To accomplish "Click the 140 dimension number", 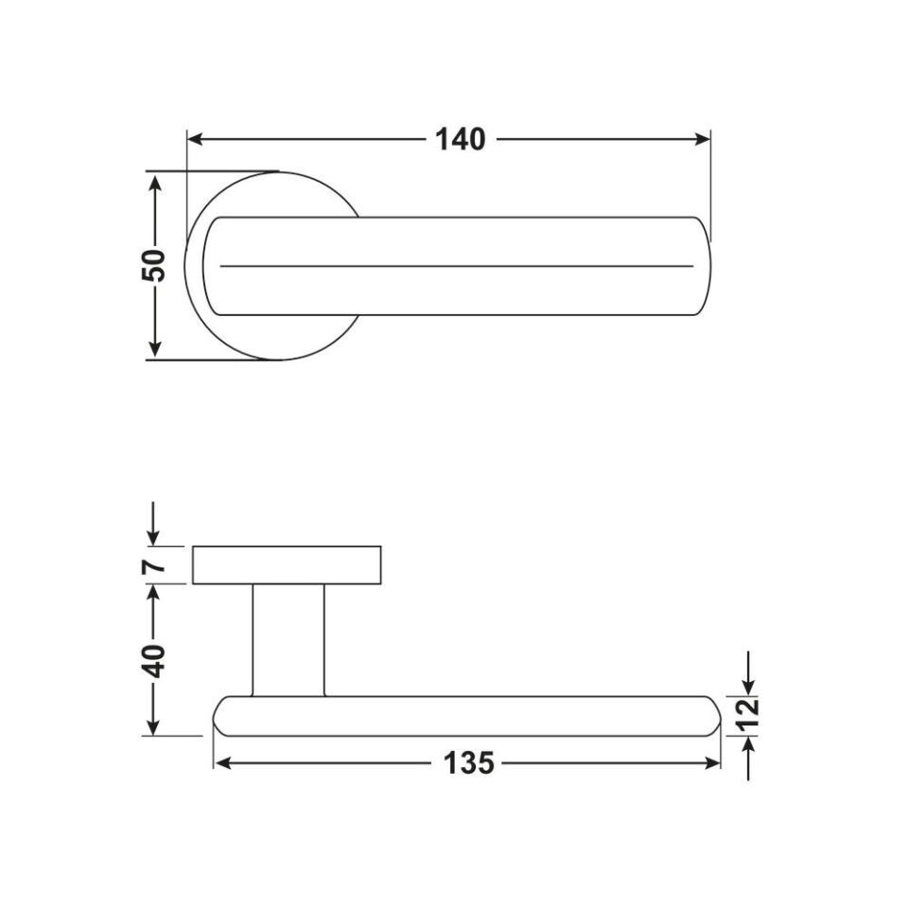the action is point(461,140).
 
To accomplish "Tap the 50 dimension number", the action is point(153,265).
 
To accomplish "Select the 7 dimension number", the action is point(153,566).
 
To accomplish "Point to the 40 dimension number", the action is point(153,660).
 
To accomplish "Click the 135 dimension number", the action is point(468,763).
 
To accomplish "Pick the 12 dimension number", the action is point(749,715).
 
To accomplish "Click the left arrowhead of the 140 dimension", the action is point(195,140).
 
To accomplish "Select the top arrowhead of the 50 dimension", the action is point(154,182).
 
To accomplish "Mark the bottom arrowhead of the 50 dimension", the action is point(154,349).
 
